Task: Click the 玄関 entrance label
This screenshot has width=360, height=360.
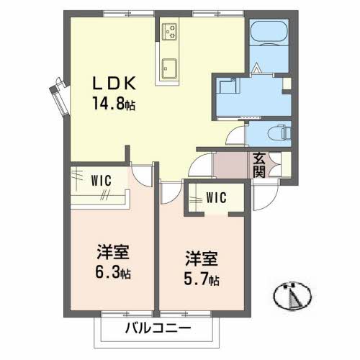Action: pos(259,165)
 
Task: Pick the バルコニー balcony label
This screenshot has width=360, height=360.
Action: pos(157,329)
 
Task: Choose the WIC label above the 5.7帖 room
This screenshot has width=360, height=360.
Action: pos(215,197)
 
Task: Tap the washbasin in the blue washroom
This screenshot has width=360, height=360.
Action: pos(229,86)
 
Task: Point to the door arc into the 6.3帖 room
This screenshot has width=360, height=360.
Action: pos(144,176)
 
